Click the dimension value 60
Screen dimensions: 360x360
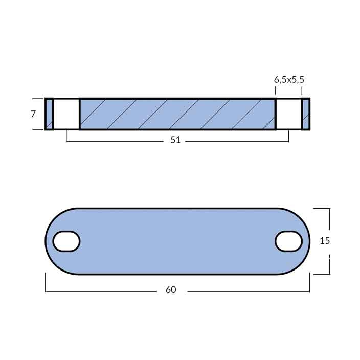coord(171,290)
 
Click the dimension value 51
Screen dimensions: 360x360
coord(175,140)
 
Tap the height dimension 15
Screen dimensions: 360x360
coord(325,241)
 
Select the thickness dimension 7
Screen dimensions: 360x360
coord(33,114)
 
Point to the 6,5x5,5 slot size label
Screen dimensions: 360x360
coord(292,79)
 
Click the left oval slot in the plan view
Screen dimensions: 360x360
coord(66,241)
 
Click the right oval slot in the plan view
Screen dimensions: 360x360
coord(289,241)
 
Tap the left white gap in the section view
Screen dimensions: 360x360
coord(66,114)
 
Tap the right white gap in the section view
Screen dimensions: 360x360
coord(288,114)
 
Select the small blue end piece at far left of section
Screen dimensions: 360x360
coord(49,114)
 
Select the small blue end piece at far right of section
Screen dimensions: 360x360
coord(306,114)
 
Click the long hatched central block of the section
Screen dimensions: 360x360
coord(177,114)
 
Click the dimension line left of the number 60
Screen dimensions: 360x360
coord(102,292)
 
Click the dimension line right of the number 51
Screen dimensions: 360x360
coord(235,141)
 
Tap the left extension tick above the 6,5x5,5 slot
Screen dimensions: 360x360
coord(276,91)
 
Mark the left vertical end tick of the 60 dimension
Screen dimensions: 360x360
coord(46,283)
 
